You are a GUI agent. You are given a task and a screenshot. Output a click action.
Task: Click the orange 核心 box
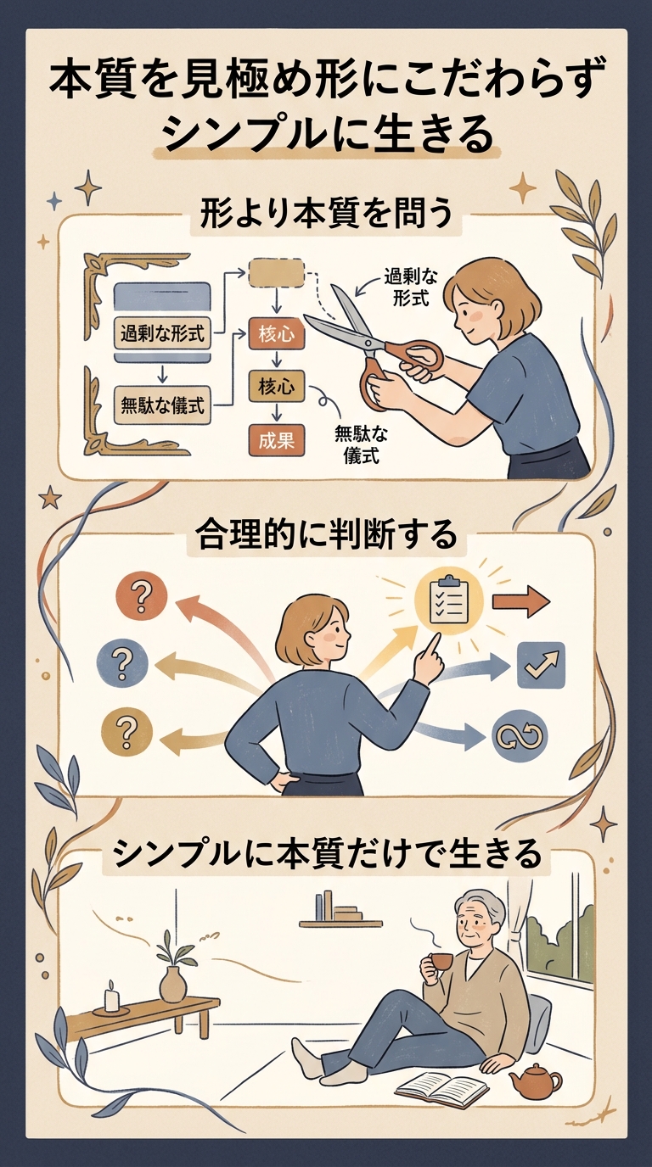tap(277, 334)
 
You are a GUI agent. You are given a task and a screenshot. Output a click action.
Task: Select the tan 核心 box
tap(277, 386)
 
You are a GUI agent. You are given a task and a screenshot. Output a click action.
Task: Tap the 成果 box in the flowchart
tap(277, 441)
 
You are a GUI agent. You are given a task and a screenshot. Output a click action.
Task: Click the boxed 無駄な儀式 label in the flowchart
tap(162, 405)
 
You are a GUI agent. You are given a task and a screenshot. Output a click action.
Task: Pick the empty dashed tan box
tap(277, 273)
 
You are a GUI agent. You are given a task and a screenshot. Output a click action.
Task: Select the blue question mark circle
tap(122, 665)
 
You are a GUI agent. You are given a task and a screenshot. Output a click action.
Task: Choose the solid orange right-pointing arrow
tap(521, 601)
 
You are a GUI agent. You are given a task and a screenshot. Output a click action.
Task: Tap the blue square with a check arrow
tap(541, 665)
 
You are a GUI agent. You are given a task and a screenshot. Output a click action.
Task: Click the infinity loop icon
tap(520, 736)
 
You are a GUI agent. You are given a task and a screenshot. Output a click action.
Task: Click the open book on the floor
tap(442, 1086)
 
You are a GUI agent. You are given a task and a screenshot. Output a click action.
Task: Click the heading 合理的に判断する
tap(327, 537)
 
